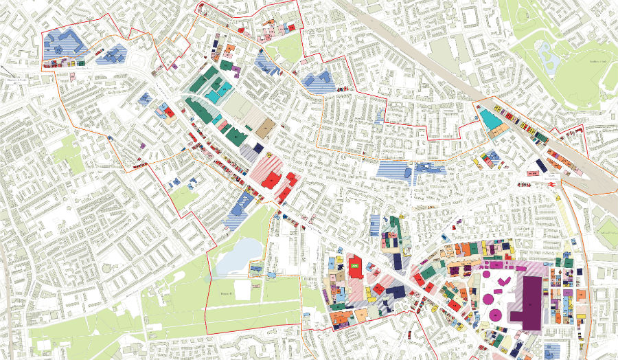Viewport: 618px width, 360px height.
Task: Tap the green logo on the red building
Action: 355,264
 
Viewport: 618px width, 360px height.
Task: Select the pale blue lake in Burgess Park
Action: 237,254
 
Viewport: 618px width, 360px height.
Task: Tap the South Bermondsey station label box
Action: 534,178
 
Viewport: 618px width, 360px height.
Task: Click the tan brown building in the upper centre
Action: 266,128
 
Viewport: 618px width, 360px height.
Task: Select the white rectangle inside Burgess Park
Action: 242,289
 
